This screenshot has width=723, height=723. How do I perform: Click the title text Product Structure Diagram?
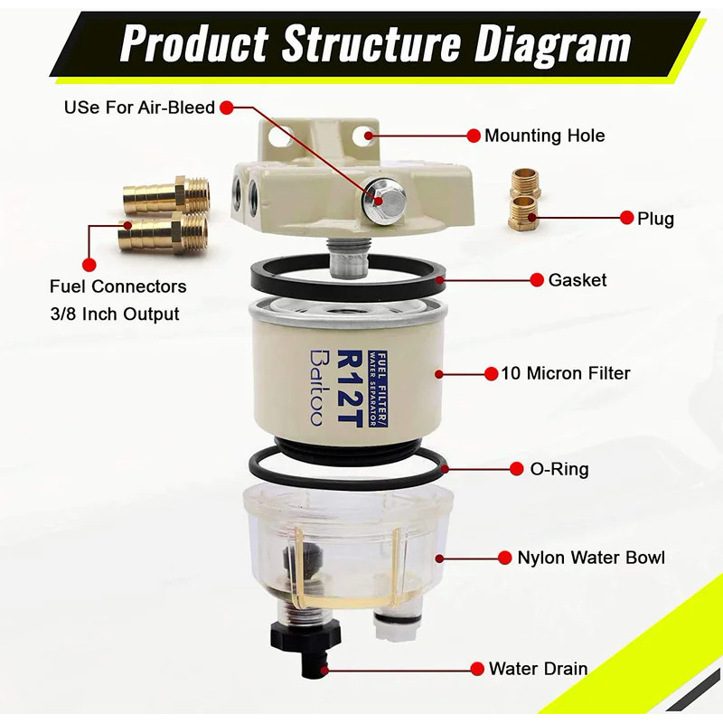click(x=375, y=42)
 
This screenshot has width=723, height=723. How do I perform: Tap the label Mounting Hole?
click(x=544, y=136)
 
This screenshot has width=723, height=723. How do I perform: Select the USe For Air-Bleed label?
click(x=139, y=108)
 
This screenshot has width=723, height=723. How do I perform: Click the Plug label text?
click(x=655, y=218)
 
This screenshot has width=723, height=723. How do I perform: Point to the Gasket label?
click(x=577, y=280)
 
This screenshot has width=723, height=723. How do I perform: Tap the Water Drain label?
click(x=538, y=669)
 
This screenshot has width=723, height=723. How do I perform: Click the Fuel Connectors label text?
click(x=117, y=286)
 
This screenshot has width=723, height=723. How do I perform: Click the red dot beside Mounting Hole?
click(x=473, y=136)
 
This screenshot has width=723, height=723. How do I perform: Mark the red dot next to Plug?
click(x=625, y=218)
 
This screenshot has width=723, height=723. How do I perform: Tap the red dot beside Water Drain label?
click(x=476, y=669)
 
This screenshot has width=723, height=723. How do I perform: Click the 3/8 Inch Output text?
click(x=115, y=315)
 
